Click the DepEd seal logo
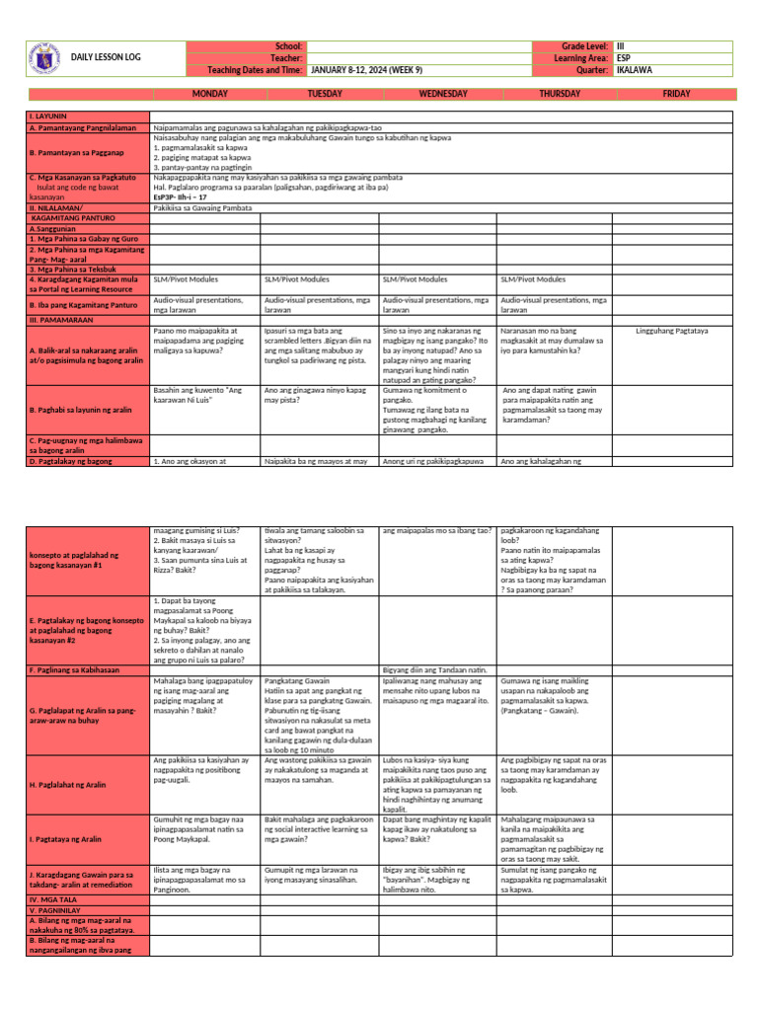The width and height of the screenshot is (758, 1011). coord(42,56)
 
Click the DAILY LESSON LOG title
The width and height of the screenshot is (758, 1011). coord(106,57)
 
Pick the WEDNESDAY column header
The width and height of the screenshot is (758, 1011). coord(443,93)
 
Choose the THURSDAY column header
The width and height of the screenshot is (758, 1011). coord(560,93)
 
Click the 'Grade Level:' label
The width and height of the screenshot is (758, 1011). coord(584,46)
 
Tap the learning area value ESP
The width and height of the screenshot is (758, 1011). coord(624,58)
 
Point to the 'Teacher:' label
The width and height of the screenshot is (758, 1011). coord(286,58)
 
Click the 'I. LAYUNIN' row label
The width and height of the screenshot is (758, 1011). coord(52,117)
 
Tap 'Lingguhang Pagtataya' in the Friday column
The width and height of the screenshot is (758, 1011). coord(672,331)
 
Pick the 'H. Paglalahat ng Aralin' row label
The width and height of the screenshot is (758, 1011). coord(68,785)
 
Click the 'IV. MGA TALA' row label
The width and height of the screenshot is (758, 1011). coord(57,899)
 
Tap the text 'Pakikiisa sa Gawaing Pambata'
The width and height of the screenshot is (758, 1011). coord(202,208)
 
